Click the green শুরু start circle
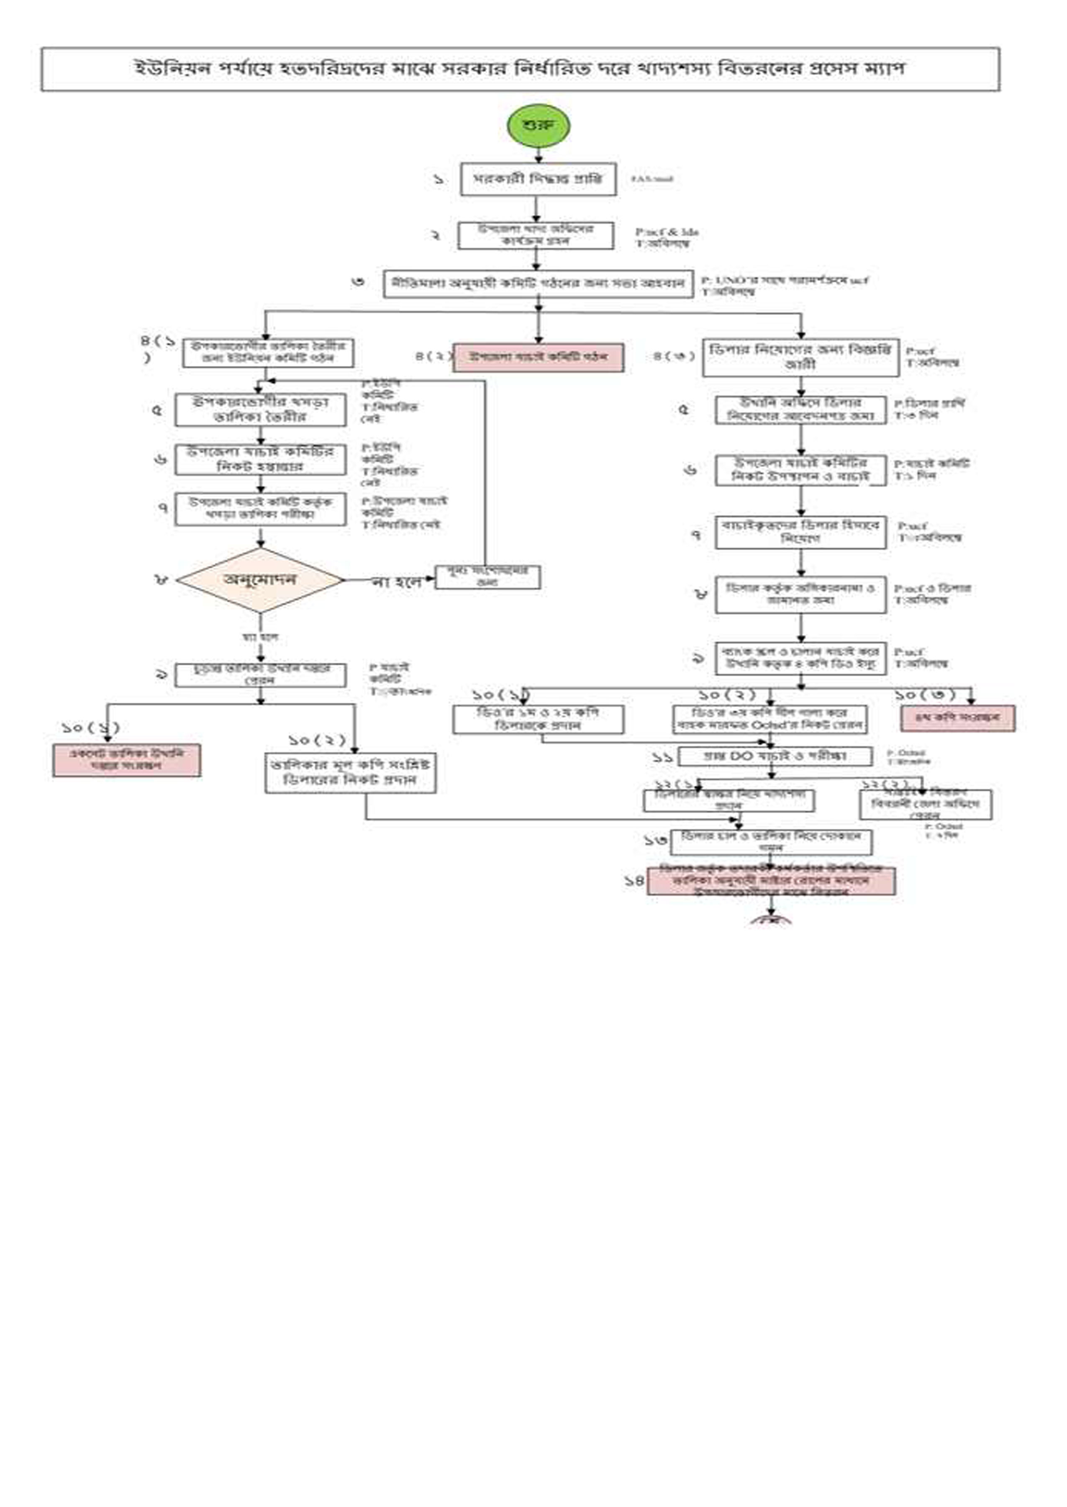538,126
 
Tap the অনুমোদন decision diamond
260,580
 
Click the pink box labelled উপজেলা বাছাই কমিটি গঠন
538,357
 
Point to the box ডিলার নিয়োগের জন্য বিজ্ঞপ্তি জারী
800,357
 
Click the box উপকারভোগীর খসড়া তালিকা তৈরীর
260,409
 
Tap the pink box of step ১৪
771,881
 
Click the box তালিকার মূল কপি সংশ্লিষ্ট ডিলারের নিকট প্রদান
350,773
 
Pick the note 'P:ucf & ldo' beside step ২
666,232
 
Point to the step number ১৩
655,839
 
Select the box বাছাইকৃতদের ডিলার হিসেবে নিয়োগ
800,532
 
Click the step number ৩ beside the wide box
358,282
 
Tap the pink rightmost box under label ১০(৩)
957,717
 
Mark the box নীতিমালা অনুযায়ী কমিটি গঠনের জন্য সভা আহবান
538,284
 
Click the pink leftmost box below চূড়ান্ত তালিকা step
127,760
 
